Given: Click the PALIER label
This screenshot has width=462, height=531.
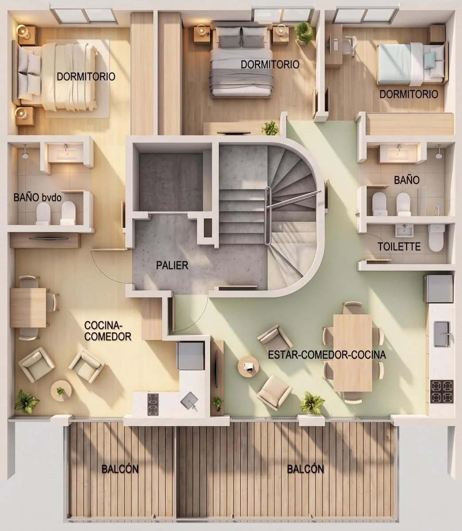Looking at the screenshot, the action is (x=172, y=265).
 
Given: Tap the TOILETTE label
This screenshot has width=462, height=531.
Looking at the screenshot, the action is (x=399, y=246).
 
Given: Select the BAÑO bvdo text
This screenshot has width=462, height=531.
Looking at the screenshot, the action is (x=38, y=198).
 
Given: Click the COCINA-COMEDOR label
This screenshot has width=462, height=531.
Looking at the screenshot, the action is (x=108, y=331).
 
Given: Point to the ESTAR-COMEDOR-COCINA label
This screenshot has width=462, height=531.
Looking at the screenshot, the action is (x=327, y=355).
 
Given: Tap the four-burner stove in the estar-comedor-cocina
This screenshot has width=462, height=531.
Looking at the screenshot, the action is (x=442, y=391).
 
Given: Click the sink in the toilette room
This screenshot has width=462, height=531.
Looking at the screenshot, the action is (x=404, y=231).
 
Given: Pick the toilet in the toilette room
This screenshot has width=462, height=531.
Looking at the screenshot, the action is (x=436, y=238).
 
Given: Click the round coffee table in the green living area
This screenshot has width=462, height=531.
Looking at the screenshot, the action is (x=248, y=366).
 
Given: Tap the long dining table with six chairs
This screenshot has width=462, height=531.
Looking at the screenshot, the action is (x=353, y=353).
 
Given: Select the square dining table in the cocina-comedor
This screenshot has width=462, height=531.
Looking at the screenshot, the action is (x=28, y=308).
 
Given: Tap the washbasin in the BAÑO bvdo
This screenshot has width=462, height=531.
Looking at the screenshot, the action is (x=66, y=152).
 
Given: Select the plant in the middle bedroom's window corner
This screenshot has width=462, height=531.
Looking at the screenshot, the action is (x=303, y=32).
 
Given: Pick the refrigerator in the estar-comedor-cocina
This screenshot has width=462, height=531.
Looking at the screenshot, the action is (x=438, y=289).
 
